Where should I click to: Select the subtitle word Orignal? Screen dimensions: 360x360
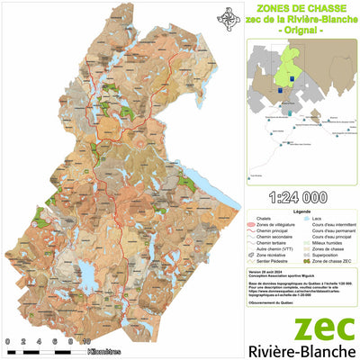pyautogui.click(x=301, y=31)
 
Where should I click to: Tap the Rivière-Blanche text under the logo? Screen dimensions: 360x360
pyautogui.click(x=301, y=350)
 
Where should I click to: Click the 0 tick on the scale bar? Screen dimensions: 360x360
pyautogui.click(x=7, y=342)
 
